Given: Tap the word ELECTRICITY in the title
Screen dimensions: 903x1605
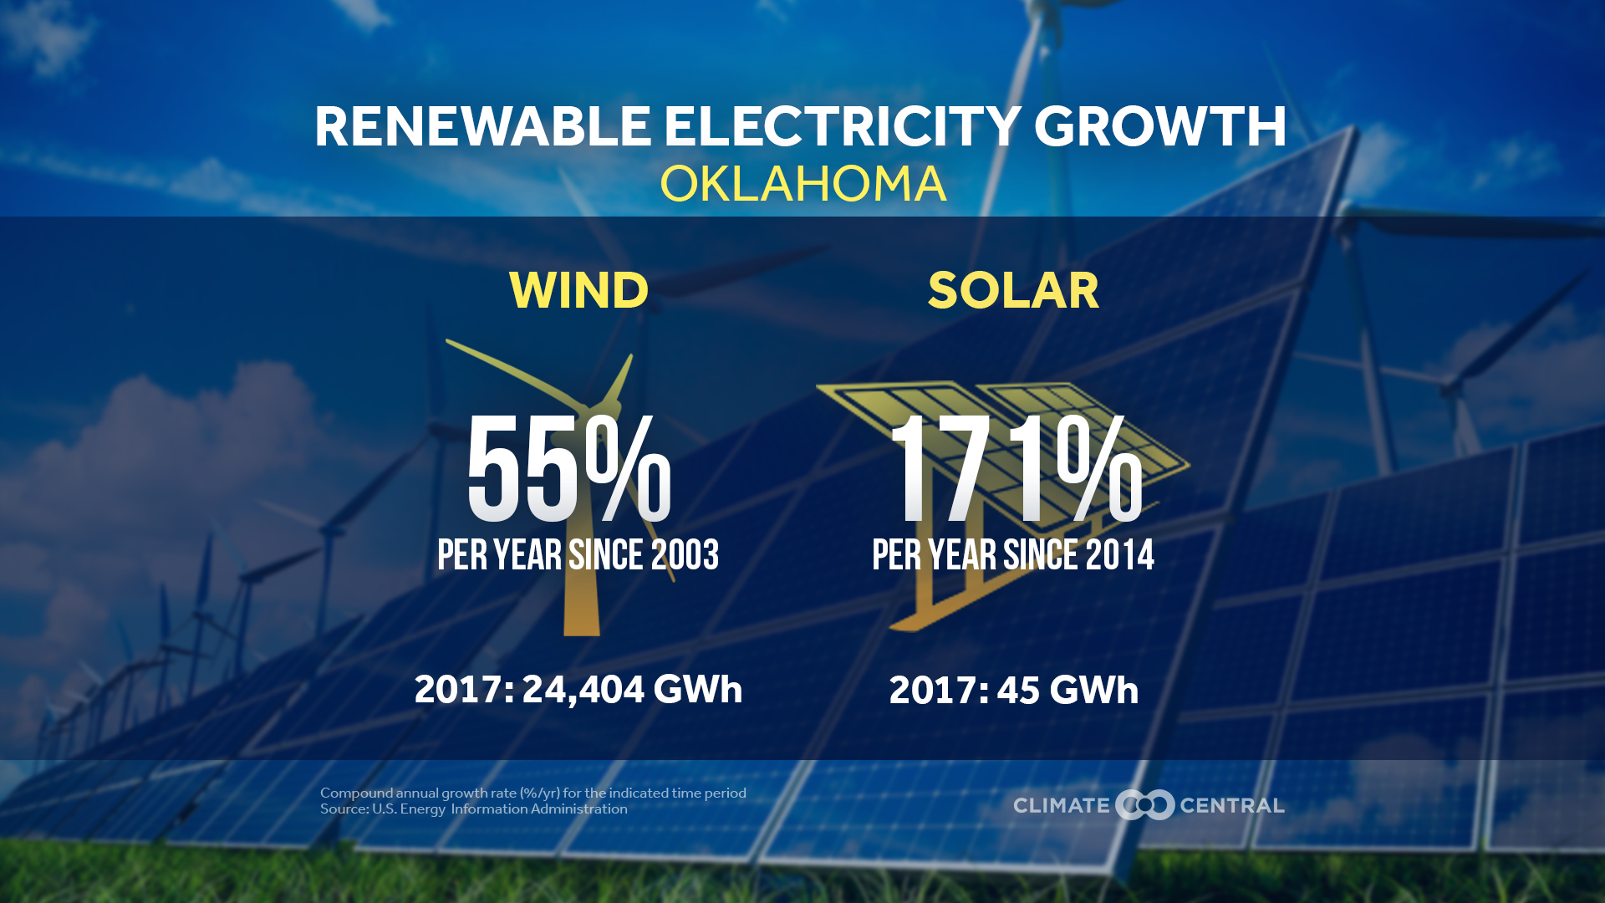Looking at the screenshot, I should pos(842,127).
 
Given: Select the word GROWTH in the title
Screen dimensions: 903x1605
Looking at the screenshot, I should pos(1160,127).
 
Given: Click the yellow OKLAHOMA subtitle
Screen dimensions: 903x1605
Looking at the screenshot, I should pos(802,184).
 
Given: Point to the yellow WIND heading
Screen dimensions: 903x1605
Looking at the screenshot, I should pos(578,290).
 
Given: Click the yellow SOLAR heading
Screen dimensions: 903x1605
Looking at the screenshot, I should pos(1013,290).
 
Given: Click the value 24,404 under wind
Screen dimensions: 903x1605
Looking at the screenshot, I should pos(583,690).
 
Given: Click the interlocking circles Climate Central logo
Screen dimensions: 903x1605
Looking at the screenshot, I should pos(1144,804).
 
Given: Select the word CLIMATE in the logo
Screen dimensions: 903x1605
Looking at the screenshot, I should pos(1061,805).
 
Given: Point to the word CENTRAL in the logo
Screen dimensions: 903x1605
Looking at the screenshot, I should pos(1231,805).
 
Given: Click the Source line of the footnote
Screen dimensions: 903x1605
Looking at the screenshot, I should pos(473,809).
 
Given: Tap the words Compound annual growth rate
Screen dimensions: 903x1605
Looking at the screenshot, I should pos(418,793).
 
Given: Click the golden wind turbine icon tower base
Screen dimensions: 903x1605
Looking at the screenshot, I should pos(582,615).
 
